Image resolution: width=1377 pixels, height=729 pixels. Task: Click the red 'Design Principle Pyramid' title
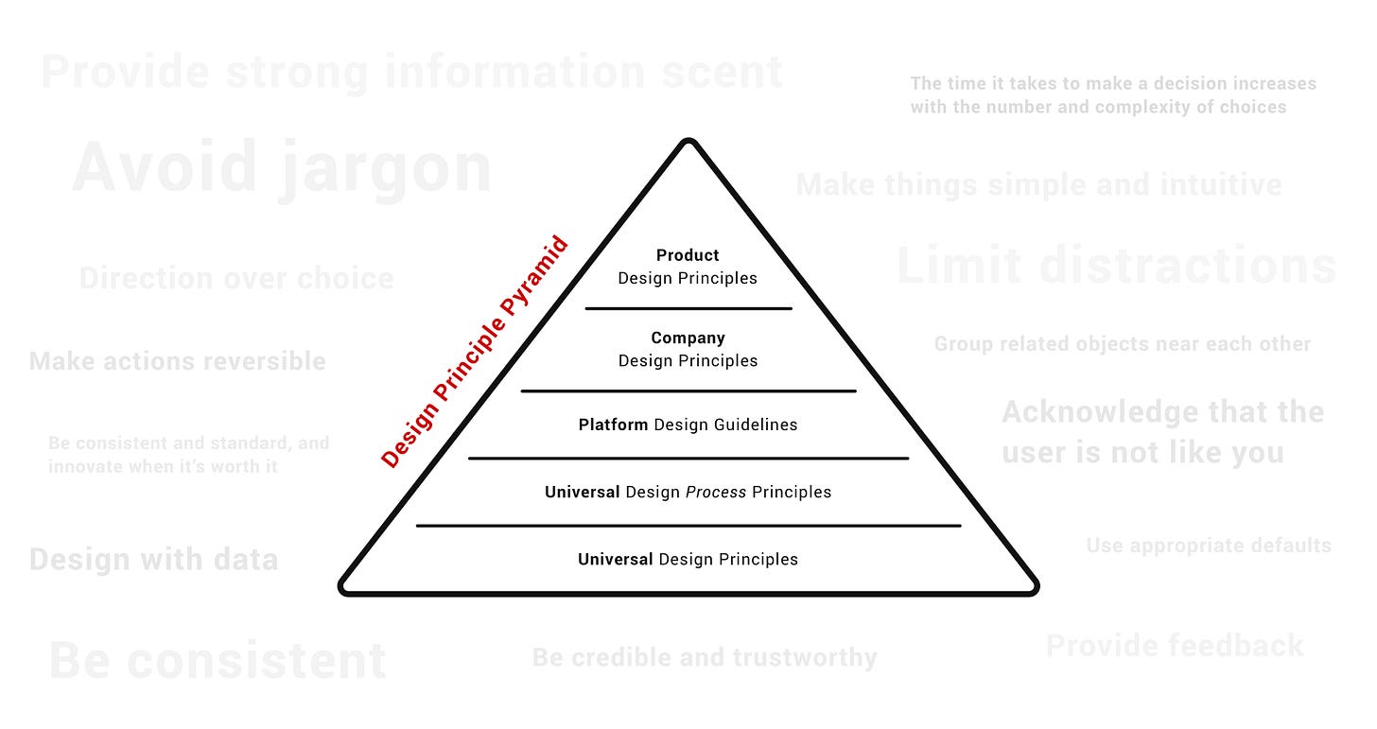click(x=475, y=352)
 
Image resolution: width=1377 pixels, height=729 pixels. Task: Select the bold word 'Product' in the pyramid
click(x=688, y=255)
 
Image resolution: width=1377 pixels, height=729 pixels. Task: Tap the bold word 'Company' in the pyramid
click(x=688, y=338)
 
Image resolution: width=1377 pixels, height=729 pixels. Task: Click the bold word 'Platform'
click(x=613, y=425)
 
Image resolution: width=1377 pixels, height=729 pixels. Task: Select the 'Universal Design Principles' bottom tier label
click(x=688, y=559)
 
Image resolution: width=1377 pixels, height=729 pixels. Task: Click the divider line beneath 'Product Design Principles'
click(x=688, y=308)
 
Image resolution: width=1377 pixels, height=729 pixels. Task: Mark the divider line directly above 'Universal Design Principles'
click(x=688, y=526)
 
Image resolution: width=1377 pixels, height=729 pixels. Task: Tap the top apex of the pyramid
click(x=688, y=143)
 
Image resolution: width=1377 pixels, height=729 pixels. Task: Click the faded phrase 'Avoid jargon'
click(x=282, y=168)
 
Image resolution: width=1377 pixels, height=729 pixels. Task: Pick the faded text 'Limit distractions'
click(x=1116, y=266)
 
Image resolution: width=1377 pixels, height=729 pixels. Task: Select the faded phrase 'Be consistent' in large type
click(x=218, y=661)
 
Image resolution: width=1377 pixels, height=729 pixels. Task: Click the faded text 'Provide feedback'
click(x=1175, y=646)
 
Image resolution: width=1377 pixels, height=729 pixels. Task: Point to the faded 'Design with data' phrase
click(x=154, y=559)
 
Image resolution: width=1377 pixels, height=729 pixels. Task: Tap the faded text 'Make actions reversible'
click(x=178, y=361)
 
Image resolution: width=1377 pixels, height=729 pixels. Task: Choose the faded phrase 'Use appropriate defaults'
click(x=1209, y=546)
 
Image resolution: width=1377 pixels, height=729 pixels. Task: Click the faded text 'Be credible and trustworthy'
click(x=705, y=657)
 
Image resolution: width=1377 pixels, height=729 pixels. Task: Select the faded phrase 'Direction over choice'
click(x=236, y=278)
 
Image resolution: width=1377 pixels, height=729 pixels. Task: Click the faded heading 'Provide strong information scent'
click(x=412, y=73)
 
